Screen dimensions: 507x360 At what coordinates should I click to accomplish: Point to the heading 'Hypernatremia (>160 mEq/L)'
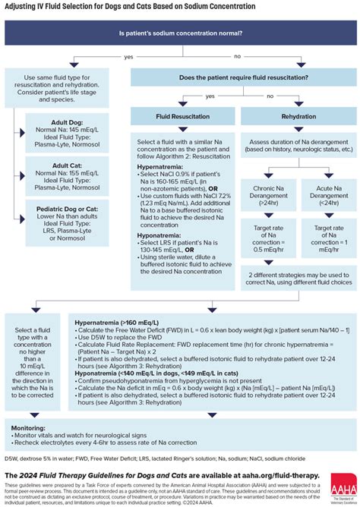118,323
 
